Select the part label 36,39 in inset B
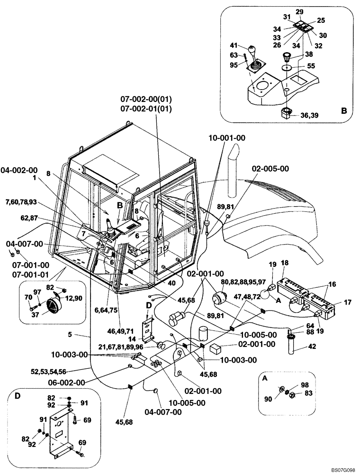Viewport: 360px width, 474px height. (310, 113)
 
